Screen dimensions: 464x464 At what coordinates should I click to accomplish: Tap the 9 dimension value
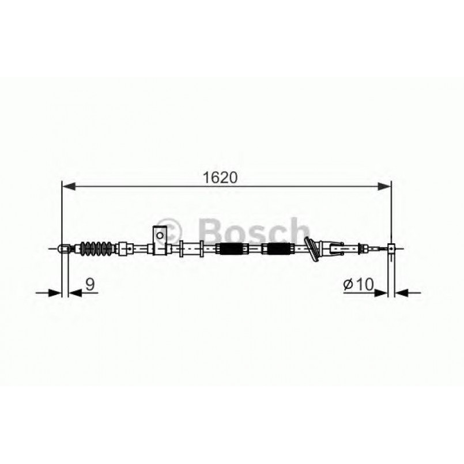[89, 284]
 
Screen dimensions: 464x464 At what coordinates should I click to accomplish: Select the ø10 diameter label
[359, 284]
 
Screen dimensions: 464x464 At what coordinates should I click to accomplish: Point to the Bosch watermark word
[254, 232]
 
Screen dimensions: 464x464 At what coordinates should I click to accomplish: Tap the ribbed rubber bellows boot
[95, 248]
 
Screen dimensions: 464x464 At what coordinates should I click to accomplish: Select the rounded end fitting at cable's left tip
[64, 249]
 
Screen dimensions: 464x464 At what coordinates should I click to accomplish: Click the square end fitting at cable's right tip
[391, 249]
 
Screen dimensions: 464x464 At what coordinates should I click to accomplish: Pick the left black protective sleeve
[231, 250]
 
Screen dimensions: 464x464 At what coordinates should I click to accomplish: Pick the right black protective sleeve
[277, 250]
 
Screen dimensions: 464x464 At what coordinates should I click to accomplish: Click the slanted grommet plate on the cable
[312, 249]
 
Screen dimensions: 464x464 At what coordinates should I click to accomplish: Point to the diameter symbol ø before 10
[348, 284]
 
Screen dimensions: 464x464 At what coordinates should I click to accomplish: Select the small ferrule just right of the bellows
[122, 249]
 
